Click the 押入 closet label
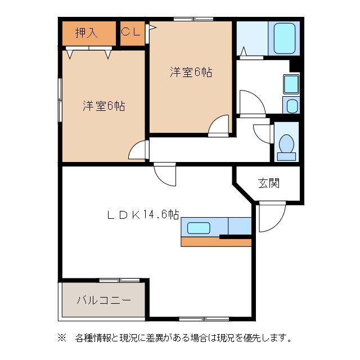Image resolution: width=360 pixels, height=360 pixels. click(x=87, y=33)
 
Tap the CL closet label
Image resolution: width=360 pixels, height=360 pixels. click(x=132, y=32)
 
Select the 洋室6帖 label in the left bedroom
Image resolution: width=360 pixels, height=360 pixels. click(x=104, y=106)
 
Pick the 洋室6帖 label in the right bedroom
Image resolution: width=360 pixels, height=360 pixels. click(x=191, y=73)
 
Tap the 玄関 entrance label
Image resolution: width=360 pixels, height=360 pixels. click(x=269, y=183)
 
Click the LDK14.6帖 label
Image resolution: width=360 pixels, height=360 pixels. click(x=143, y=214)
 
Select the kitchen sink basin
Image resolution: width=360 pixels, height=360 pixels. click(x=199, y=228)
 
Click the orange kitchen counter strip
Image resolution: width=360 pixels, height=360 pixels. click(x=215, y=242)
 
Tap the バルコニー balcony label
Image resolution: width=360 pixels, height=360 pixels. click(x=103, y=300)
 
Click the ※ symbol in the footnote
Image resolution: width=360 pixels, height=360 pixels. click(x=61, y=338)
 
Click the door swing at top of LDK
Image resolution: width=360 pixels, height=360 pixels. click(x=165, y=175)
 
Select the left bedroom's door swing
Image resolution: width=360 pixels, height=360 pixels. click(x=138, y=150)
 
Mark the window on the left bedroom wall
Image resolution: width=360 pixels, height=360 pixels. click(x=60, y=99)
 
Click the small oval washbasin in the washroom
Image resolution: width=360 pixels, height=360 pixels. click(x=291, y=106)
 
